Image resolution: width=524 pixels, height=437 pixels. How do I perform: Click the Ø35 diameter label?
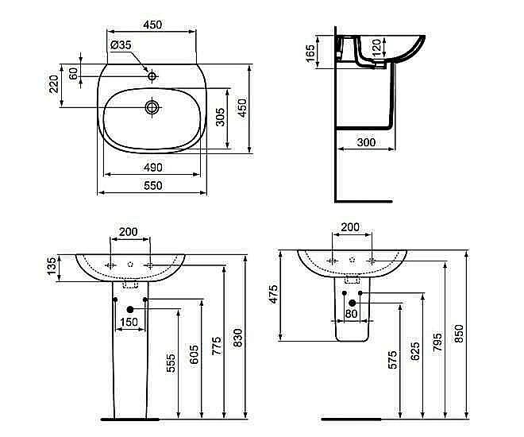point(121,45)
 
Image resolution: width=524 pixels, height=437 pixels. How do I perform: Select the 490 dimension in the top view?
point(152,167)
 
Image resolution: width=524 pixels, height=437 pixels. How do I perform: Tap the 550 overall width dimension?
point(152,185)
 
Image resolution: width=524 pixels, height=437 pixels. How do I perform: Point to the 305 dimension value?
point(221,117)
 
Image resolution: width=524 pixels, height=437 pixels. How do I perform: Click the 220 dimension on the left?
point(54,83)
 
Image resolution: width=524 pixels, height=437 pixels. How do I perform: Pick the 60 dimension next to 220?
point(73,73)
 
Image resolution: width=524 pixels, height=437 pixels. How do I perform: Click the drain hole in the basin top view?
point(152,106)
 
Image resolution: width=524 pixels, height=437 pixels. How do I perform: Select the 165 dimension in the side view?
point(311,53)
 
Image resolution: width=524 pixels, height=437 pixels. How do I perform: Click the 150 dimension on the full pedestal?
point(129,322)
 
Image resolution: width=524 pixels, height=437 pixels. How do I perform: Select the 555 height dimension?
point(171,363)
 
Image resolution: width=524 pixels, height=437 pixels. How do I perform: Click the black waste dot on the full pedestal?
point(130,308)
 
